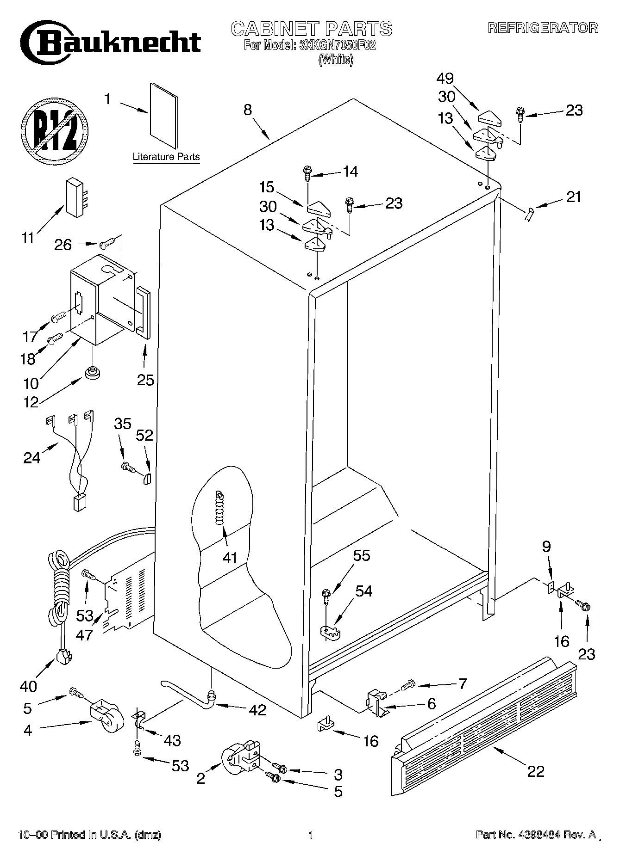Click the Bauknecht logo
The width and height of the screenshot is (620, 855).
(x=113, y=43)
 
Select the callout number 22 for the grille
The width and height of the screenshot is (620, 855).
(x=535, y=771)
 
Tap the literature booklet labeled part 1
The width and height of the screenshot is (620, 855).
(x=163, y=115)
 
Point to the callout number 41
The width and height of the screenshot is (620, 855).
(x=230, y=558)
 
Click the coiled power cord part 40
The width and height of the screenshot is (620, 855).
(x=60, y=597)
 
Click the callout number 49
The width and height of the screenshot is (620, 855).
(x=444, y=78)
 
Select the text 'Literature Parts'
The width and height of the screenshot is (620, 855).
(x=166, y=157)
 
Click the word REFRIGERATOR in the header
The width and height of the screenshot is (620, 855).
(x=543, y=28)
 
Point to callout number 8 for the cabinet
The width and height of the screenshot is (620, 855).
(x=248, y=110)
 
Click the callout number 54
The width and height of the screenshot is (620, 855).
(x=363, y=591)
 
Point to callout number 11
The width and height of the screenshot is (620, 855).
(x=28, y=238)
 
